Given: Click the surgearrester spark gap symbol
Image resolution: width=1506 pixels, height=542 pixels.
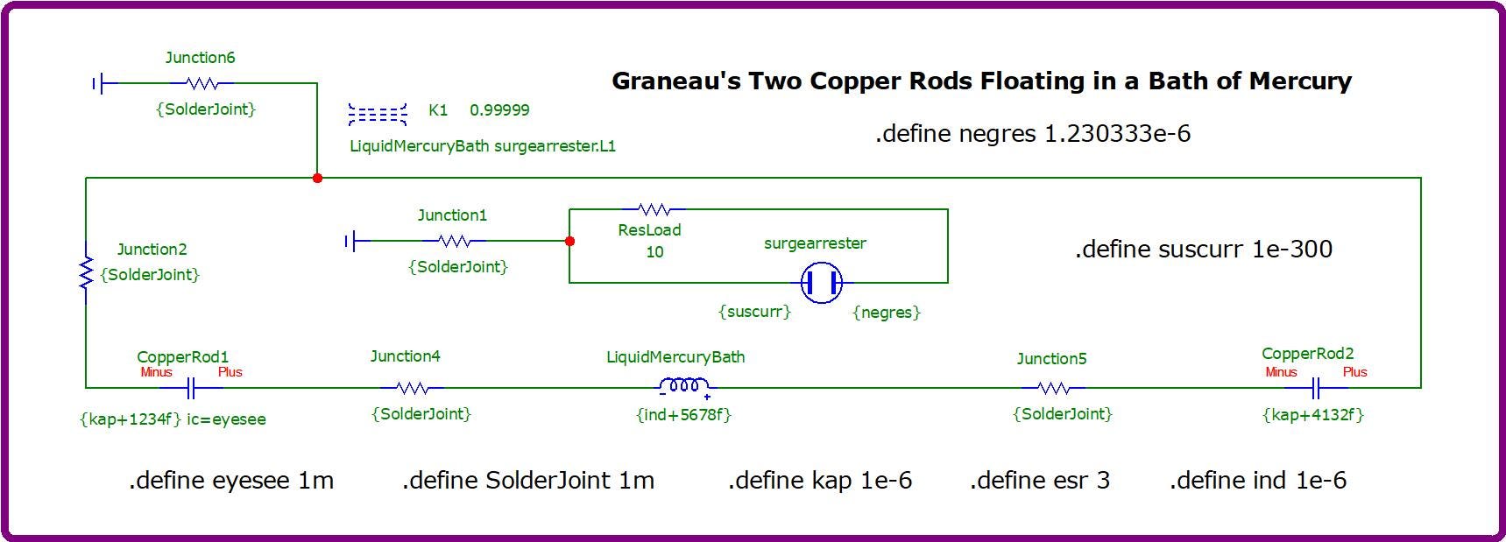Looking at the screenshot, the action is point(822,282).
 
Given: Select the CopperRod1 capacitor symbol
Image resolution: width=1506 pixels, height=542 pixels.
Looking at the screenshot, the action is point(191,387).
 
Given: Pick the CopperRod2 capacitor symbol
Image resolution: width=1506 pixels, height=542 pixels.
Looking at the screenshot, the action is point(1315,387).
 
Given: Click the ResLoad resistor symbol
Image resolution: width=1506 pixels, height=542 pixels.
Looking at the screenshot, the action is point(654,209).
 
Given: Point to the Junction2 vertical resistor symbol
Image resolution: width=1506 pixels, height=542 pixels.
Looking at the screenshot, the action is point(86,272).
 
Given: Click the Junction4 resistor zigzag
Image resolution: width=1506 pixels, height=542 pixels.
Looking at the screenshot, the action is point(412,387).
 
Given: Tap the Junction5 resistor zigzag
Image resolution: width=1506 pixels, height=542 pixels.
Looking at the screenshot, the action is point(1053,387).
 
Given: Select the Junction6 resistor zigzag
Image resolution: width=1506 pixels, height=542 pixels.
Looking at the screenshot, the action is point(202,83).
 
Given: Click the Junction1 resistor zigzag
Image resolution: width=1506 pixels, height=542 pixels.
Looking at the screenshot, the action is point(454,240).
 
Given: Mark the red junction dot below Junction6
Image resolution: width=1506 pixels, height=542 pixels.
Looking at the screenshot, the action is point(317,178).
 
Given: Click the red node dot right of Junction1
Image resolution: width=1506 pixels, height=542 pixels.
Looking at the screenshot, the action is point(569,241).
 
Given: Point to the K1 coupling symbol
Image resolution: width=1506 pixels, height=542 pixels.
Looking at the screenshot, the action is point(378,114).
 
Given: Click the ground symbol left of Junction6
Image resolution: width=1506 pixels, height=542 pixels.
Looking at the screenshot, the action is point(98,83).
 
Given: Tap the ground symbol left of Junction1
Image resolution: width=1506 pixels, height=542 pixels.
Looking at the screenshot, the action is point(350,240).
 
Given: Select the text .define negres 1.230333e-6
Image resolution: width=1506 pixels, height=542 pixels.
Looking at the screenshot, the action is point(1033,133).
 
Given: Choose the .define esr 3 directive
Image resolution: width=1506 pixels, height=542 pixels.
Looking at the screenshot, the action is point(1040,480).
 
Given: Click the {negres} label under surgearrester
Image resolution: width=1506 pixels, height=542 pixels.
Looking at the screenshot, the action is point(887,312).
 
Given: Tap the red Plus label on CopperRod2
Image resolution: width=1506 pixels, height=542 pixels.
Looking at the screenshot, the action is point(1354,372).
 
